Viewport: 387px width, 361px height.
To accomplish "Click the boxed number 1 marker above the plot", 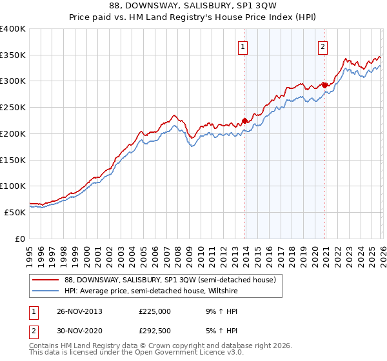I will tap(244, 46).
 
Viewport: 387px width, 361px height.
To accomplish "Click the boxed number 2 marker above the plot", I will tap(322, 46).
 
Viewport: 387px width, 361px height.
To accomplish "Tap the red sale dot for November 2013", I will tap(244, 120).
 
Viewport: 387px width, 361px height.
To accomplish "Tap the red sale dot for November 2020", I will tap(324, 84).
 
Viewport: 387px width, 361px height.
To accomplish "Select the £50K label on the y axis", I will tap(15, 212).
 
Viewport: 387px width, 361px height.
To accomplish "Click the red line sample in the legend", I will tap(46, 280).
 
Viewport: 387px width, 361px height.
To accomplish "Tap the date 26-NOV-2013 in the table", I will tap(79, 311).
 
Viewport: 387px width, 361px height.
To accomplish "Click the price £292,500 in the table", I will tap(155, 332).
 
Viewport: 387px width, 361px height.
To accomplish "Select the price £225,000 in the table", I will tap(155, 311).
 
